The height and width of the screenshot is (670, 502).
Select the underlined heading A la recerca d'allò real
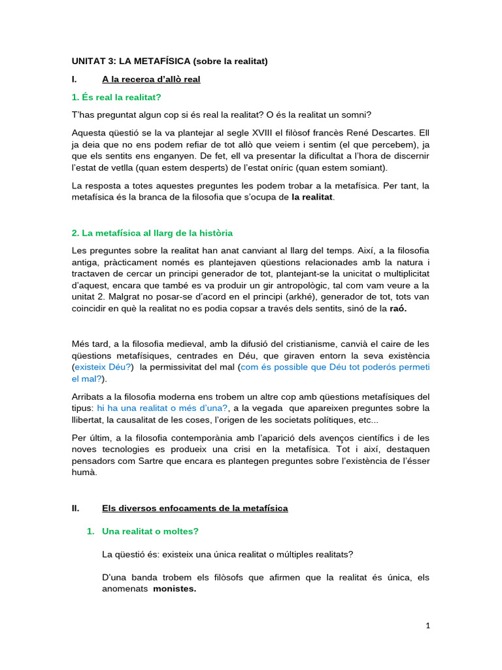click(x=151, y=79)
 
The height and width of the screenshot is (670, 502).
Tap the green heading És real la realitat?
click(x=116, y=97)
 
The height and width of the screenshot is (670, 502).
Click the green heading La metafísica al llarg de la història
click(x=152, y=233)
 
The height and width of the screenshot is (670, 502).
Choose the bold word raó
click(x=397, y=309)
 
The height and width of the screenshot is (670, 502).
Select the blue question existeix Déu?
click(x=103, y=368)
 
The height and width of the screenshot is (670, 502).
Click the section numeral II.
click(x=75, y=508)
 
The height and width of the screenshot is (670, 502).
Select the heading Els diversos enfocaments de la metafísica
click(x=195, y=508)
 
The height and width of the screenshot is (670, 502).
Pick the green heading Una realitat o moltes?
click(x=150, y=532)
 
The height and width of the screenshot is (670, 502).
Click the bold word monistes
click(x=175, y=589)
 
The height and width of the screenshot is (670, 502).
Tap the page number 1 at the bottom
click(x=427, y=626)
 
